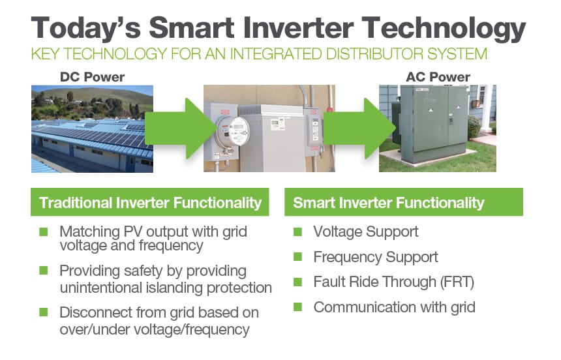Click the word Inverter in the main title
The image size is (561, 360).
coord(295,28)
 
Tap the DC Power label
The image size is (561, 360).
coord(93,77)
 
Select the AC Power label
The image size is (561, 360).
coord(438,77)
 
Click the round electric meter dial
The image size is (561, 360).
coord(233,131)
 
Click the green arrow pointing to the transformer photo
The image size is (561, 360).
coord(359,128)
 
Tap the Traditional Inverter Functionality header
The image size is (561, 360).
coord(150,202)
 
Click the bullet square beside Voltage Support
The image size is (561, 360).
coord(297,232)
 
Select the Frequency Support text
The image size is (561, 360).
coord(376,258)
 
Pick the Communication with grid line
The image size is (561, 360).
coord(394,307)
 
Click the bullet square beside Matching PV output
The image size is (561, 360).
coord(44,232)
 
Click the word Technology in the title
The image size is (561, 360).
coord(444,29)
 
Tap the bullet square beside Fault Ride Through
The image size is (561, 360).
coord(297,282)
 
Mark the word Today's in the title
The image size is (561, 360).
coord(86,29)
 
